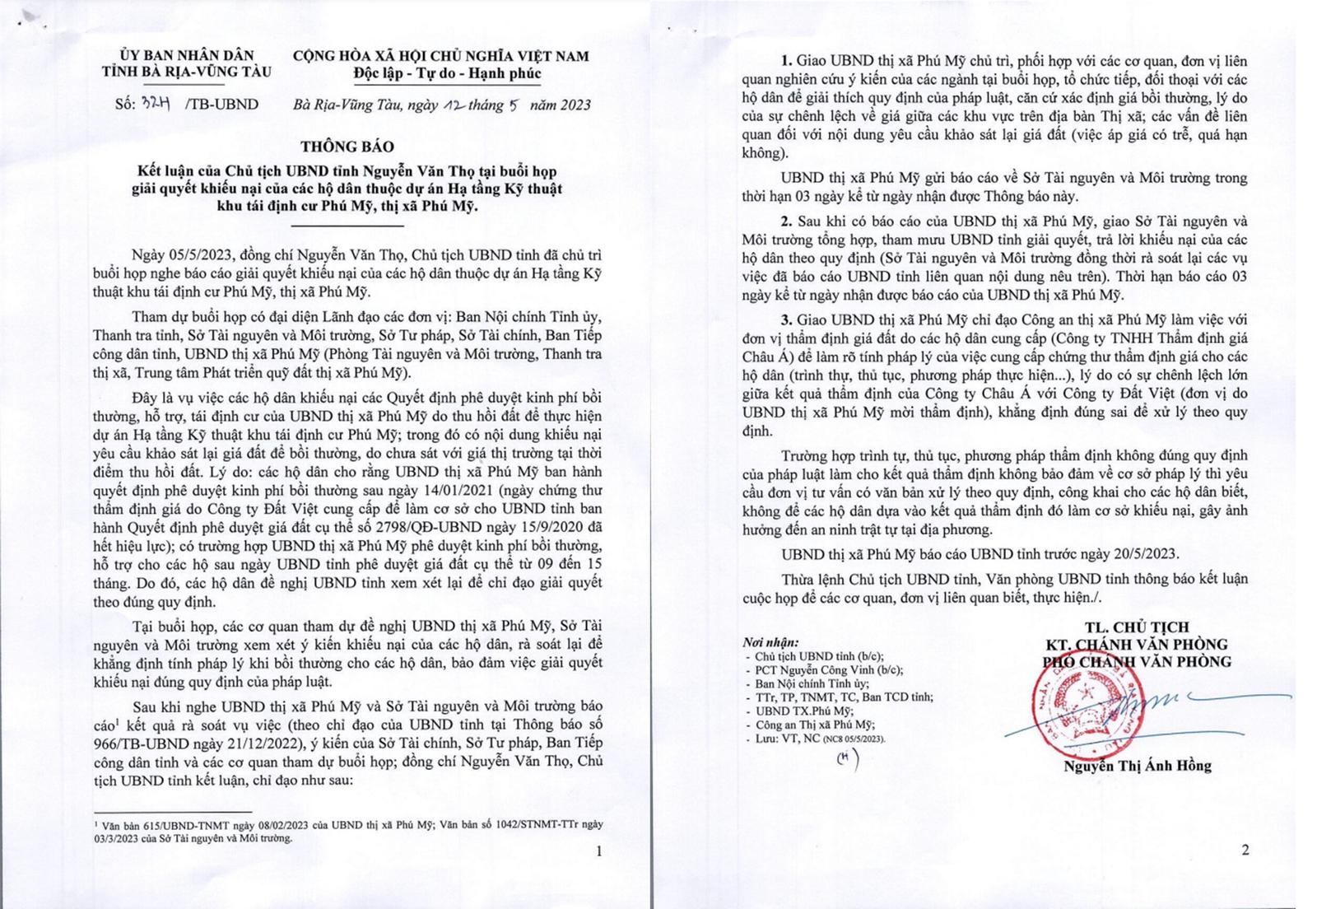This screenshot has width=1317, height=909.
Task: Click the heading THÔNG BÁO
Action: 347,147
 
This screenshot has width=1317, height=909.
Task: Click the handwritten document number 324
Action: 151,104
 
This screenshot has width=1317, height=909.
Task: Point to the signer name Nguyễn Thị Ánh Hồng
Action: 1137,766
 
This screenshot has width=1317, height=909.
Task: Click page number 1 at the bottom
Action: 598,851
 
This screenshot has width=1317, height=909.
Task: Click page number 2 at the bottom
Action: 1245,850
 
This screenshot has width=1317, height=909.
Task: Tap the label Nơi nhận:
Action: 770,642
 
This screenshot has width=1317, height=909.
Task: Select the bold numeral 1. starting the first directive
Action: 787,62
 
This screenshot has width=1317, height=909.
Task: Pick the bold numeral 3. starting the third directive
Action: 787,319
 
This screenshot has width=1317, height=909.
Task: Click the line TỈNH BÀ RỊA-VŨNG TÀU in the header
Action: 186,72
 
